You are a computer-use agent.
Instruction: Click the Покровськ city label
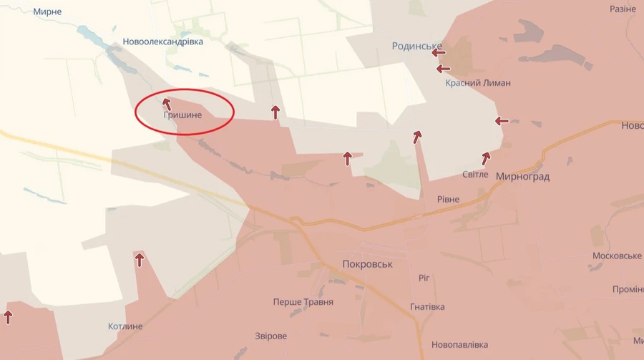point(368,264)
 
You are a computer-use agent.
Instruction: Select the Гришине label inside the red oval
point(182,115)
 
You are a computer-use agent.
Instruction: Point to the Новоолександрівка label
point(162,42)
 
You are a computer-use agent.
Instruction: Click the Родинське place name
point(416,47)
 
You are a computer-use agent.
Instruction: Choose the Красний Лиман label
point(477,83)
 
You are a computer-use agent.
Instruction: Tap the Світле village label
point(475,174)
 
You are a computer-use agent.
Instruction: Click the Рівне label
point(449,199)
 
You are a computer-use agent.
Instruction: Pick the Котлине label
point(125,326)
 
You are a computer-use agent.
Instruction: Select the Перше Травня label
point(303,302)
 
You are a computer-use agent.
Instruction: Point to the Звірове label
point(270,336)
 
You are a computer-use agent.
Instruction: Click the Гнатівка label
point(427,307)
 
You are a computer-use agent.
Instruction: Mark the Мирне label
point(47,12)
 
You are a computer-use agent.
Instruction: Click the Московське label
point(617,256)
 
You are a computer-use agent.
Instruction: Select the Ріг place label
point(424,278)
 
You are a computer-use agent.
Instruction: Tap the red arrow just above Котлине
point(140,259)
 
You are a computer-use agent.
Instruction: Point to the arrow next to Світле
point(487,157)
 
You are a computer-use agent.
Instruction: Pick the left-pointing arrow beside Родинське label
point(439,52)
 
